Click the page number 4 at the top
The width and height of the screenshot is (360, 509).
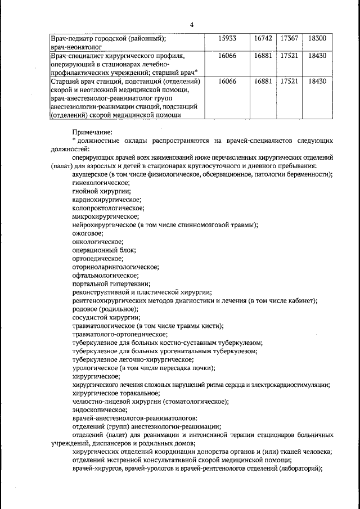coord(192,25)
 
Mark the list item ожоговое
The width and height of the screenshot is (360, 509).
coord(88,233)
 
